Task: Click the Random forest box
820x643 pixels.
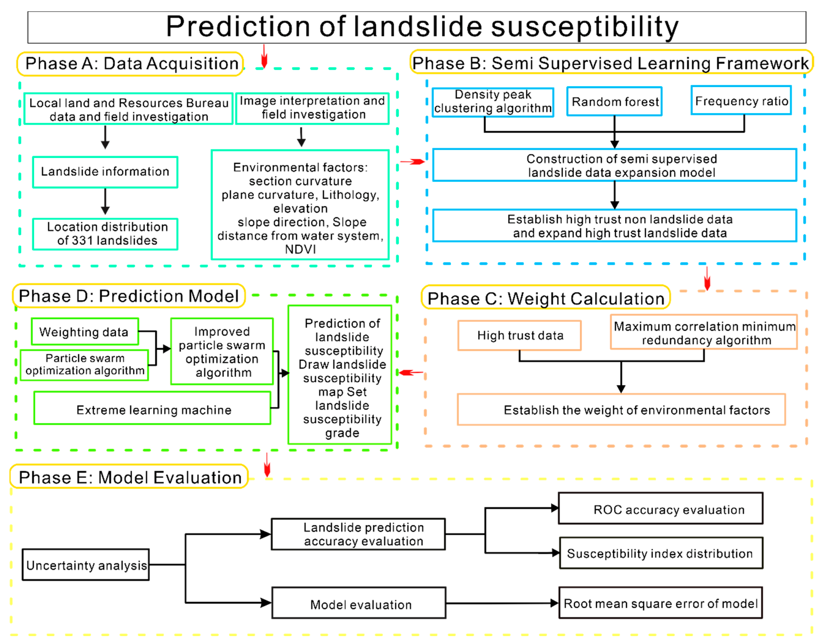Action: coord(614,101)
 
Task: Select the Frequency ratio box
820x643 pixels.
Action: coord(741,100)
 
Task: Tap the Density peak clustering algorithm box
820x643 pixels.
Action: coord(492,102)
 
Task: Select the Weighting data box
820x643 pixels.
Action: coord(85,331)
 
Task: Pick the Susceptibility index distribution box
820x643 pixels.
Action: coord(661,553)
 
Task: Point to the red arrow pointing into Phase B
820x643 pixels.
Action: coord(412,162)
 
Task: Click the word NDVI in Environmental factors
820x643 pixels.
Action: coord(300,249)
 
